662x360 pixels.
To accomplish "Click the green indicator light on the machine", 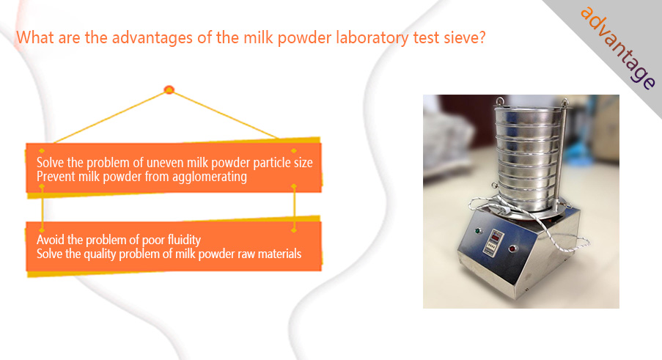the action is point(478,231).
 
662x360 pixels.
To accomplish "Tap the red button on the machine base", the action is point(513,249).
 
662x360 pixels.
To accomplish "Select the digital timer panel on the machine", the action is point(493,242).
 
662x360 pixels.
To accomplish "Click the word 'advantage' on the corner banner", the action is point(618,47).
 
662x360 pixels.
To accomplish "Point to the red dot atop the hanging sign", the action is point(169,89).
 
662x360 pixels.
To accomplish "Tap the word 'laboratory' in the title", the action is point(372,38).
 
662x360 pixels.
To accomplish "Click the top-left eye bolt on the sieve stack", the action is point(500,102).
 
